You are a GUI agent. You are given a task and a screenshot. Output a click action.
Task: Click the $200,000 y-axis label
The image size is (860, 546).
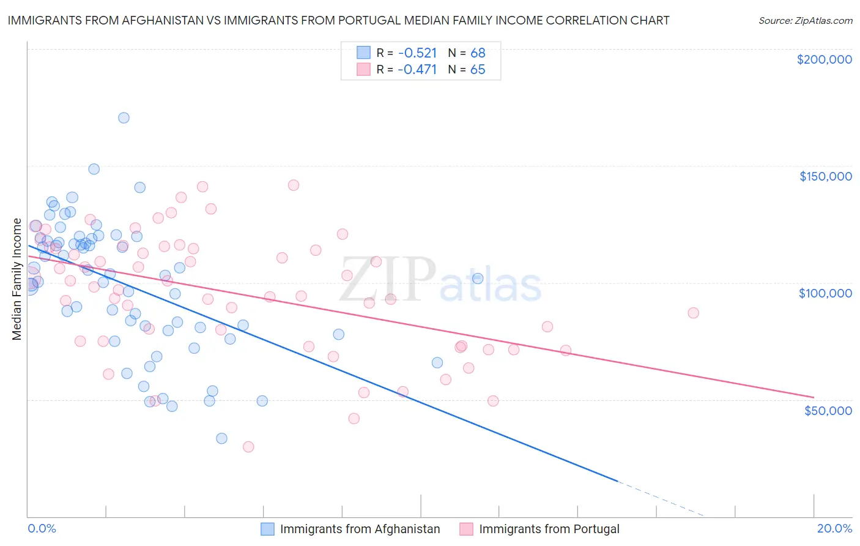tap(824, 59)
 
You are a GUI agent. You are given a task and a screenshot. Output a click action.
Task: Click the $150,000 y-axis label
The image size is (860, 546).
tap(825, 176)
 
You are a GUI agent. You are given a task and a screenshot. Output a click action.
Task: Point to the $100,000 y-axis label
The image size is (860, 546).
tap(825, 293)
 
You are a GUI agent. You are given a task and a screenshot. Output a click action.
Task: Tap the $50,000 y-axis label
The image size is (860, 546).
tap(828, 410)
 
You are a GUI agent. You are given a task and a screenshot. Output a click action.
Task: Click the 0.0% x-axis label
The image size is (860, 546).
tap(42, 528)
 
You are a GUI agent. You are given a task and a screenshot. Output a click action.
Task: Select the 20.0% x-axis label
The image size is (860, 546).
tap(834, 528)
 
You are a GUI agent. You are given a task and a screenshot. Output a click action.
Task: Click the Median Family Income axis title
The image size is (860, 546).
tap(17, 279)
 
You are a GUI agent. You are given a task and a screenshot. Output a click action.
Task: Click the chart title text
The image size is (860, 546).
tap(338, 20)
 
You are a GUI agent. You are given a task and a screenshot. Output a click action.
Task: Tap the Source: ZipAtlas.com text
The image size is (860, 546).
tap(805, 21)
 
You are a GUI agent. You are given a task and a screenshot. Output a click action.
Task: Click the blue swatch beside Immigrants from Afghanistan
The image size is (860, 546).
tap(267, 529)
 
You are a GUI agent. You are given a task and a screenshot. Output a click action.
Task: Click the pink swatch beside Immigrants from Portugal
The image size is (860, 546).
tap(466, 529)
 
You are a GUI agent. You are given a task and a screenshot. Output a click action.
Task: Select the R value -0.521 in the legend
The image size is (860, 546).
tap(417, 53)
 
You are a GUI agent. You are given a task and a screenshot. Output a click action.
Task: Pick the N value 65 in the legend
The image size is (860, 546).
tap(478, 70)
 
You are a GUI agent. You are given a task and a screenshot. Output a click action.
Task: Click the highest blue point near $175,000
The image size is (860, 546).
tap(124, 118)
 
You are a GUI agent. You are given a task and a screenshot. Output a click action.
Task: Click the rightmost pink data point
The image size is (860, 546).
tap(693, 313)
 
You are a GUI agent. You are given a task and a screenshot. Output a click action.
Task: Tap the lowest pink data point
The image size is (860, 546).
tap(248, 447)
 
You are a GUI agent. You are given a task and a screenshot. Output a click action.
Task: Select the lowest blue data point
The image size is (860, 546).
tap(221, 438)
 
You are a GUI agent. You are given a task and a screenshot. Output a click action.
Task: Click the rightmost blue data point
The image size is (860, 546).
tap(478, 279)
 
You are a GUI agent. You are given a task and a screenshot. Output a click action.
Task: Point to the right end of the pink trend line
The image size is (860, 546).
tap(814, 397)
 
